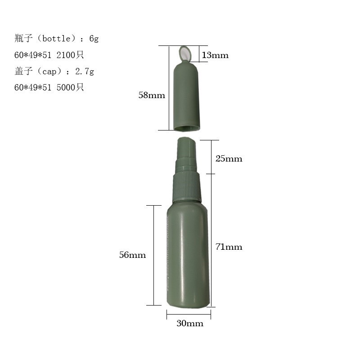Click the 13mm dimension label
point(215,55)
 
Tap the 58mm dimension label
point(152,95)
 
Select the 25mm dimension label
point(229,159)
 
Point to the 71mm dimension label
point(229,247)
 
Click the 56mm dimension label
point(132,255)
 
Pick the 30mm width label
point(190,323)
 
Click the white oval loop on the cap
point(185,54)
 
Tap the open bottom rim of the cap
point(187,128)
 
